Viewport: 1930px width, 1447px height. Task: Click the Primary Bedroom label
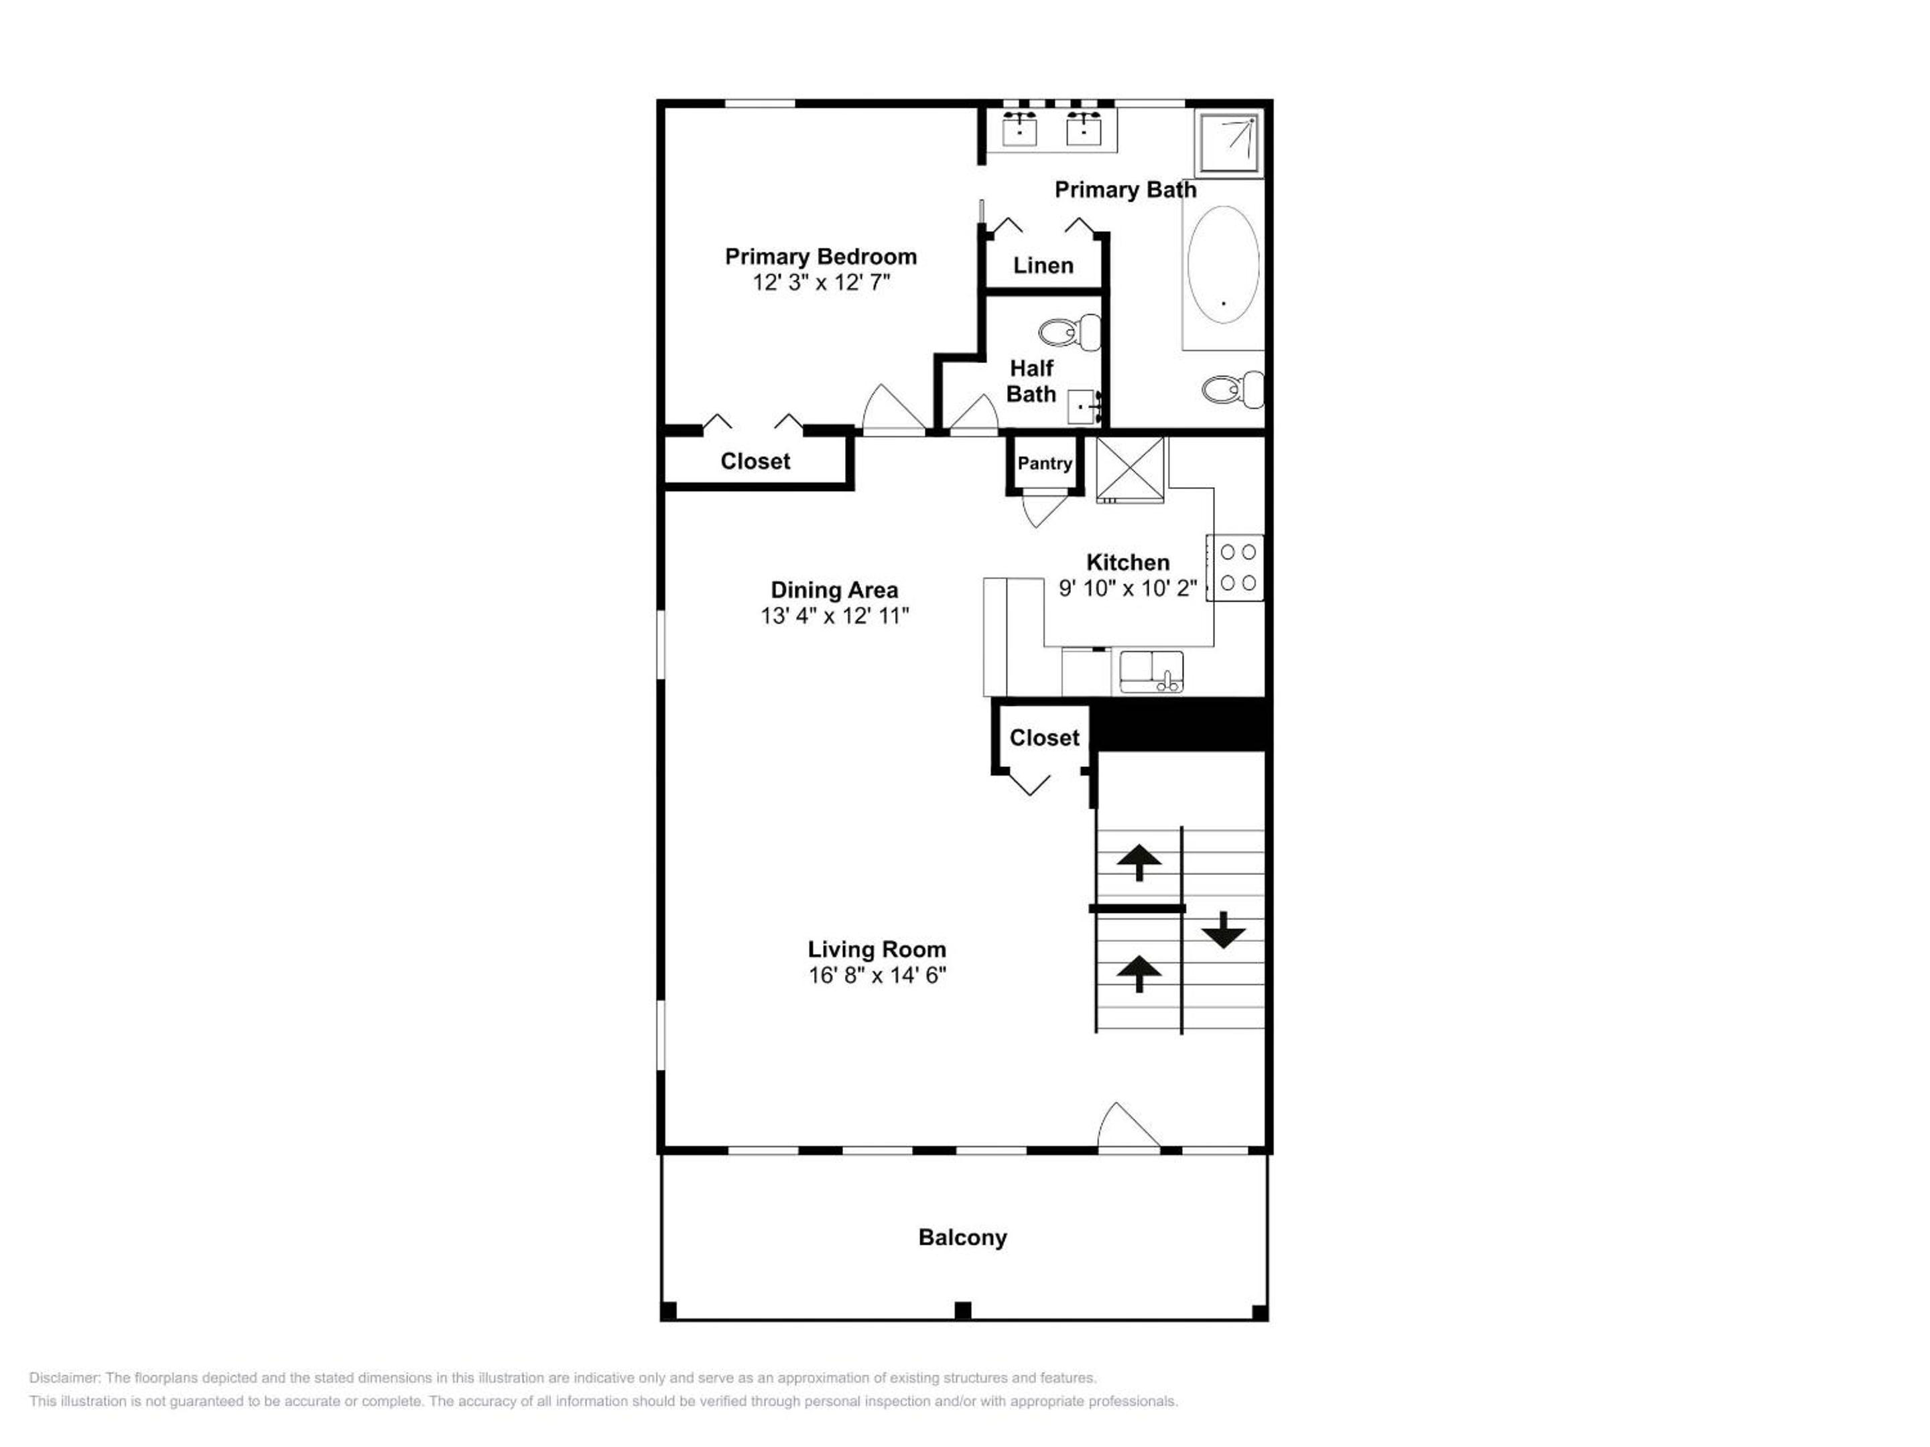tap(820, 257)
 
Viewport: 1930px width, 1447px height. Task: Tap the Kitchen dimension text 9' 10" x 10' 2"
tap(1127, 588)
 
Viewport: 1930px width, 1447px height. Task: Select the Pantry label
tap(1044, 463)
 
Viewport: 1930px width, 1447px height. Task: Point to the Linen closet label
tap(1043, 265)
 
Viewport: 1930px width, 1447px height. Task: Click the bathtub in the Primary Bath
tap(1223, 265)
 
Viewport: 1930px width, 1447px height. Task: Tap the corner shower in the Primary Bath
tap(1228, 143)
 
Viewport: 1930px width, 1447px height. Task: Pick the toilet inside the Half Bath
tap(1070, 332)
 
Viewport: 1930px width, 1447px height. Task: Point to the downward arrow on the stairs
tap(1223, 930)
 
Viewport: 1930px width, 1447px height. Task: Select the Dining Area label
tap(834, 590)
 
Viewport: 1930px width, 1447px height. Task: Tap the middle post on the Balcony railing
tap(962, 1310)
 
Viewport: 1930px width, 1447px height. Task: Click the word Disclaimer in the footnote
tap(66, 1378)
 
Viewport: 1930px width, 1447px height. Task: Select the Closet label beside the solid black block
tap(1044, 738)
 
